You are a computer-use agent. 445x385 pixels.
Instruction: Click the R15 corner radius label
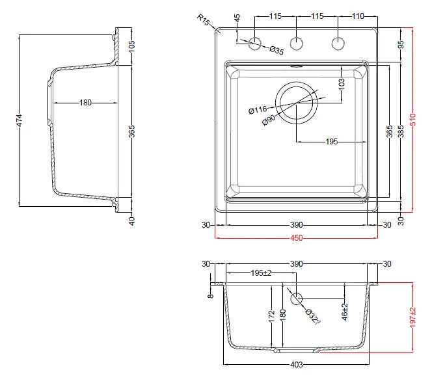203,20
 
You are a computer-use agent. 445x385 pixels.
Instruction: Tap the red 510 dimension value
413,120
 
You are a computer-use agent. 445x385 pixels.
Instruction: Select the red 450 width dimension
296,238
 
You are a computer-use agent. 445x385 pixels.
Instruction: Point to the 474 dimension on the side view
19,120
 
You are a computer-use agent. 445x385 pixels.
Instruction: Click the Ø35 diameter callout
276,50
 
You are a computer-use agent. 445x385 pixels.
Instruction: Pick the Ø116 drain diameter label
258,110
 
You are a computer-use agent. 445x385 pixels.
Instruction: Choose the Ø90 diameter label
269,120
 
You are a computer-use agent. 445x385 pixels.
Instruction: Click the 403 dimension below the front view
296,364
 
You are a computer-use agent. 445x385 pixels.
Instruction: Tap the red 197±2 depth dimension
413,317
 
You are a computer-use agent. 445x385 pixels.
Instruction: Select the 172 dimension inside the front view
271,316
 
